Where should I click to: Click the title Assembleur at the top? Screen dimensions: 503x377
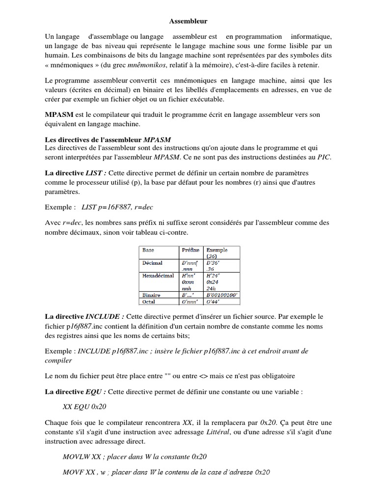coord(188,22)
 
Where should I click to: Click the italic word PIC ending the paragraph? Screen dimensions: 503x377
coord(324,157)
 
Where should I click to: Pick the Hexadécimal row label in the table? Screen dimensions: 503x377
coord(158,276)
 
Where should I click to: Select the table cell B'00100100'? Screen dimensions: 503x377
coord(222,295)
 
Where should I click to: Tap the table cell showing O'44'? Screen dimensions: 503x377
coord(214,301)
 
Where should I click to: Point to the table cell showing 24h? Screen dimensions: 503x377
coord(211,288)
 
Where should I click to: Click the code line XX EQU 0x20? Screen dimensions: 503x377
coord(85,407)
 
